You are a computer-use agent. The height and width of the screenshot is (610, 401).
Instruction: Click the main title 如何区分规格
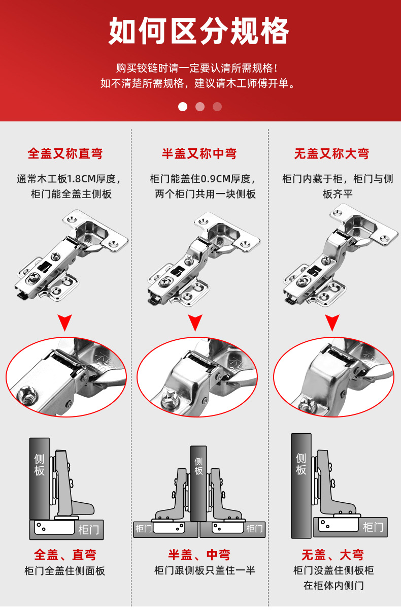pyautogui.click(x=199, y=30)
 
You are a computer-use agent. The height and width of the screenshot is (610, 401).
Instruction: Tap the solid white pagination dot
pyautogui.click(x=183, y=107)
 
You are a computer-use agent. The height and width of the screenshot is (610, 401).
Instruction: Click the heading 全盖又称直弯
pyautogui.click(x=65, y=153)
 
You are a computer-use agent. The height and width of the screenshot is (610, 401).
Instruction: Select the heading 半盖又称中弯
pyautogui.click(x=199, y=153)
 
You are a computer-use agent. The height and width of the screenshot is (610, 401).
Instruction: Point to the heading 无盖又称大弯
pyautogui.click(x=331, y=153)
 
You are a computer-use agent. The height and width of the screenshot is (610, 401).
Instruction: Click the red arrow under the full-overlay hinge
pyautogui.click(x=65, y=322)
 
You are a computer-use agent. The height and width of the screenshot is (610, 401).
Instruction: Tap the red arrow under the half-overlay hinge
pyautogui.click(x=195, y=322)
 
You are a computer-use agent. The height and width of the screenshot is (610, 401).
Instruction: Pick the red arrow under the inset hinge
pyautogui.click(x=332, y=322)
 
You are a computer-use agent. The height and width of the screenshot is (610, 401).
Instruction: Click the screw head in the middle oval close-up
pyautogui.click(x=170, y=399)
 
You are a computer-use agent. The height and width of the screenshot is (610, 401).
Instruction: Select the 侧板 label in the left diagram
pyautogui.click(x=39, y=465)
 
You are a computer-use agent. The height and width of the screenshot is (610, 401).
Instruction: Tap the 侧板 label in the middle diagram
pyautogui.click(x=198, y=466)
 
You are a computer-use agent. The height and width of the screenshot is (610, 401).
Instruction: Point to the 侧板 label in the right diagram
pyautogui.click(x=301, y=464)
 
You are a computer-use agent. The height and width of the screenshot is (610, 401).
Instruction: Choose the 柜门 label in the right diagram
pyautogui.click(x=373, y=527)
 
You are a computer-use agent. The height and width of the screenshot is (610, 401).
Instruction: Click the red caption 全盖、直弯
pyautogui.click(x=65, y=555)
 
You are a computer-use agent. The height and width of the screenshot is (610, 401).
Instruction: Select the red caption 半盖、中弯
pyautogui.click(x=199, y=555)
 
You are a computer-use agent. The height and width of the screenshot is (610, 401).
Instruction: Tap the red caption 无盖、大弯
pyautogui.click(x=332, y=555)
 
